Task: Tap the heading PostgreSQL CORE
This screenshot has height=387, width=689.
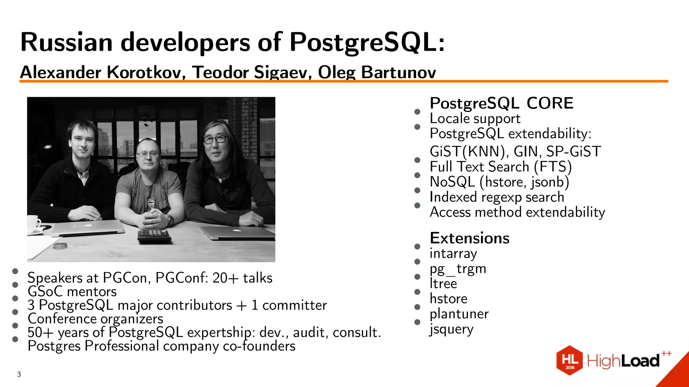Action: pos(501,103)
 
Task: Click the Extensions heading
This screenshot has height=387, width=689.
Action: pos(469,238)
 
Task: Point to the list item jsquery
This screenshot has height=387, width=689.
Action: pos(451,329)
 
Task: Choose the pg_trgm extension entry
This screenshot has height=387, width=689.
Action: pos(458,269)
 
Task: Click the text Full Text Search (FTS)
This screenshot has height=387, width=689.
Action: pos(500,167)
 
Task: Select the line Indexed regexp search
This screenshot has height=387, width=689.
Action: pos(497,197)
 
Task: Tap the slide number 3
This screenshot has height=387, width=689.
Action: pos(19,374)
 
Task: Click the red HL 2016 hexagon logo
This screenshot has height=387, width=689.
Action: pos(569,360)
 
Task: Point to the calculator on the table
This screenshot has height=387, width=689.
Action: pos(154,235)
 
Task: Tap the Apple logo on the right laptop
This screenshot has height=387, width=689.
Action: pos(237,230)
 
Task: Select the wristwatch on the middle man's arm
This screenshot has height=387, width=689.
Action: pos(170,220)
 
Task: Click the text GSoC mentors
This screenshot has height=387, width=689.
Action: pos(72,292)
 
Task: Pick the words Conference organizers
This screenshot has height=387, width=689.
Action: pos(95,319)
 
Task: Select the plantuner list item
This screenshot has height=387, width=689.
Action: pos(459,314)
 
